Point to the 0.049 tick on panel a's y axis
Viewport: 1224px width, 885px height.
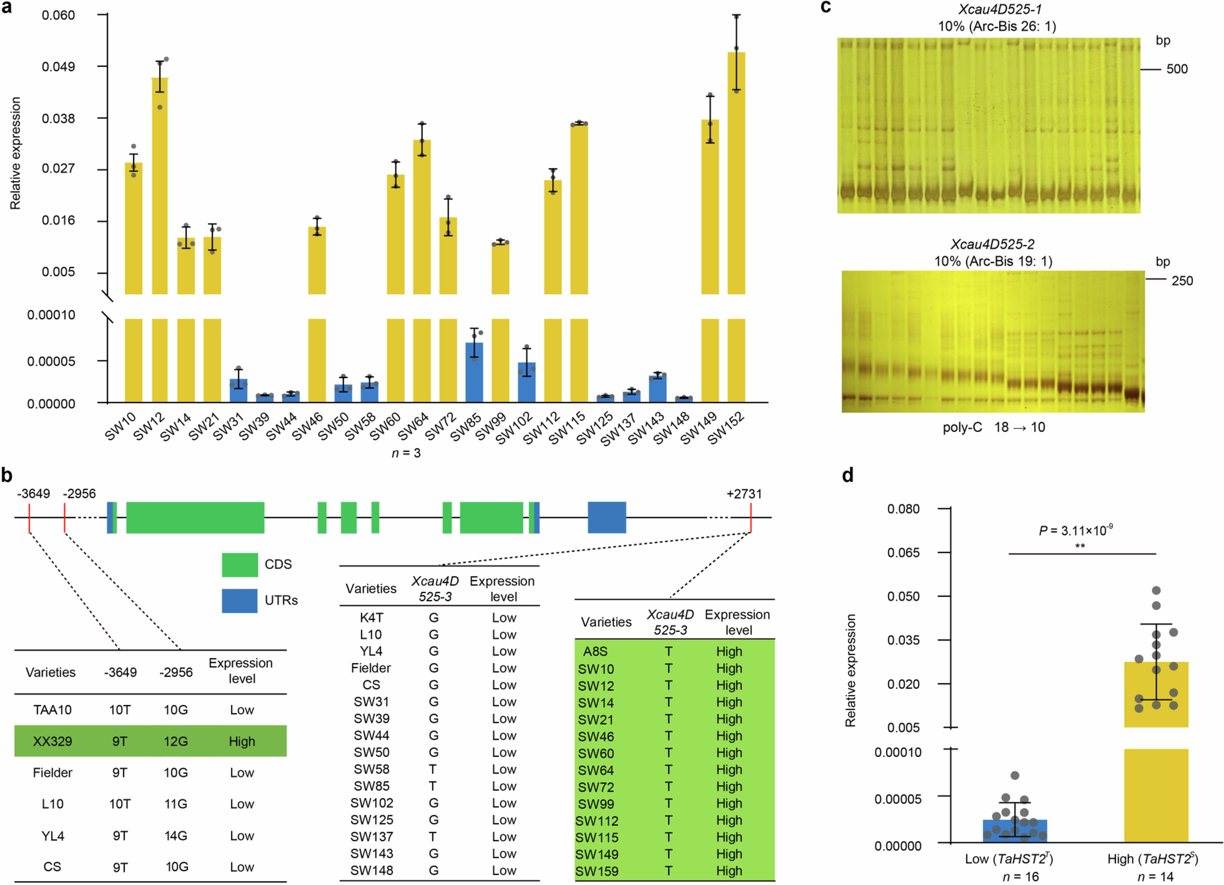click(x=58, y=66)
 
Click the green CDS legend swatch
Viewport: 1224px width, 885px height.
click(x=240, y=564)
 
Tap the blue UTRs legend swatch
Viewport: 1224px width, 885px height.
click(x=240, y=600)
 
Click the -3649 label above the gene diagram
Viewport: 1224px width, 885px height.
click(x=33, y=494)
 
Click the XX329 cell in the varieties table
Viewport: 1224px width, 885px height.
click(x=52, y=741)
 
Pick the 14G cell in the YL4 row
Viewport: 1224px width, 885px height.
click(x=176, y=835)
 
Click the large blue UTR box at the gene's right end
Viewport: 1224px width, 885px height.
click(x=607, y=517)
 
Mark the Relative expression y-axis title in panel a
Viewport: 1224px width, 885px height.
click(x=15, y=153)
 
